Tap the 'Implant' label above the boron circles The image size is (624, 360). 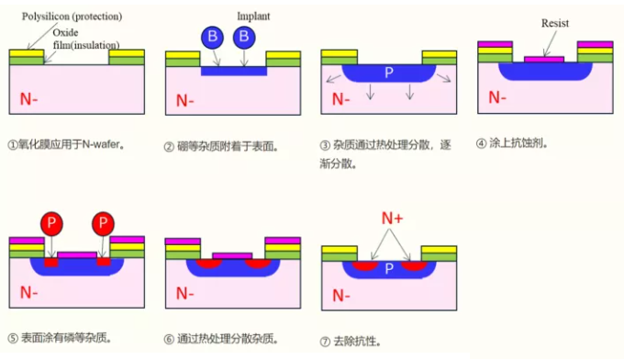(253, 17)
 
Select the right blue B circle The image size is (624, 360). (243, 38)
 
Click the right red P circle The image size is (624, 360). (103, 223)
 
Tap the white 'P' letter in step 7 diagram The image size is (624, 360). (389, 268)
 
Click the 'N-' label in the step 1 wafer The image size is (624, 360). (28, 97)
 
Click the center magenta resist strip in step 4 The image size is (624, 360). (544, 60)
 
